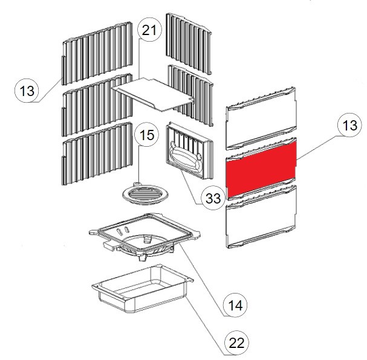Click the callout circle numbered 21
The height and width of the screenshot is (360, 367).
pyautogui.click(x=149, y=31)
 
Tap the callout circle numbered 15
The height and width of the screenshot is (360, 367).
pyautogui.click(x=147, y=135)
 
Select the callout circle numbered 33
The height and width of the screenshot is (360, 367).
pyautogui.click(x=213, y=198)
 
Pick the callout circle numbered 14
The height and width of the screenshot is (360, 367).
pyautogui.click(x=236, y=304)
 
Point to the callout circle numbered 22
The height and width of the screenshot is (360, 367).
pyautogui.click(x=236, y=342)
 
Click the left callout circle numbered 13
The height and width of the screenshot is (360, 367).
pyautogui.click(x=27, y=90)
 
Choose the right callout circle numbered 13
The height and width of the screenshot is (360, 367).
pyautogui.click(x=349, y=125)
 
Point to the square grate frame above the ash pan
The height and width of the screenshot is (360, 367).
pyautogui.click(x=145, y=236)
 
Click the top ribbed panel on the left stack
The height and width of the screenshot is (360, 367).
pyautogui.click(x=97, y=53)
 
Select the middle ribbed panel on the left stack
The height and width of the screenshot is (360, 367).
pyautogui.click(x=97, y=104)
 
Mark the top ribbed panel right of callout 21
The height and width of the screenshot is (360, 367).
pyautogui.click(x=189, y=43)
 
